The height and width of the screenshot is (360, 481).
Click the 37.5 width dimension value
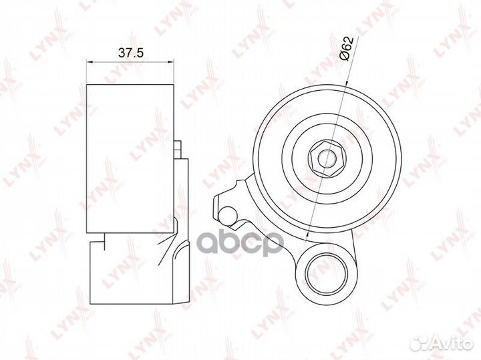(x=131, y=53)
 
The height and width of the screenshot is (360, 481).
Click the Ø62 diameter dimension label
(x=347, y=49)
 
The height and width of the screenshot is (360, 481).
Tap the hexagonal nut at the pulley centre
(x=327, y=158)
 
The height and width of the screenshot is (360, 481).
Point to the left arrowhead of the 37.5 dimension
(x=90, y=61)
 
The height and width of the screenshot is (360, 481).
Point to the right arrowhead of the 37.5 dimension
(x=171, y=61)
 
